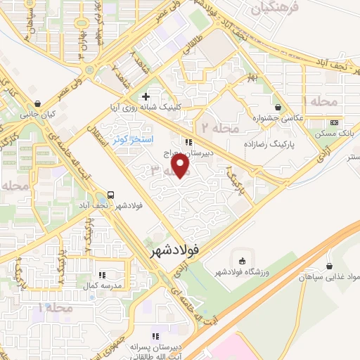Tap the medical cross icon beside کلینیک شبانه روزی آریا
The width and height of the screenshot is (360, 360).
coord(146,96)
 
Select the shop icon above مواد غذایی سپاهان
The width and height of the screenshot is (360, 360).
coord(330,266)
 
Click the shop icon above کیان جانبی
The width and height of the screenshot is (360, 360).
coord(46,103)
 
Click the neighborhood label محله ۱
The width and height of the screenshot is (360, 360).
coord(56,308)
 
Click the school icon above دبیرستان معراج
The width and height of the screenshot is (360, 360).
coord(188,141)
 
